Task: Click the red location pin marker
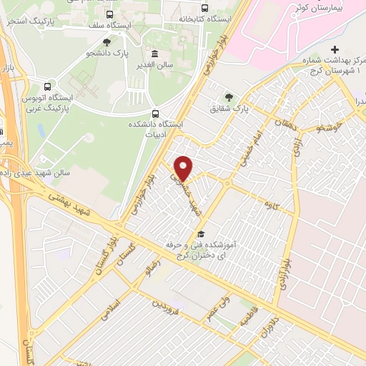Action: tap(184, 168)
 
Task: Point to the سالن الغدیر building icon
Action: tap(154, 54)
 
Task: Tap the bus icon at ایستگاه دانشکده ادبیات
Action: tap(154, 114)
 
